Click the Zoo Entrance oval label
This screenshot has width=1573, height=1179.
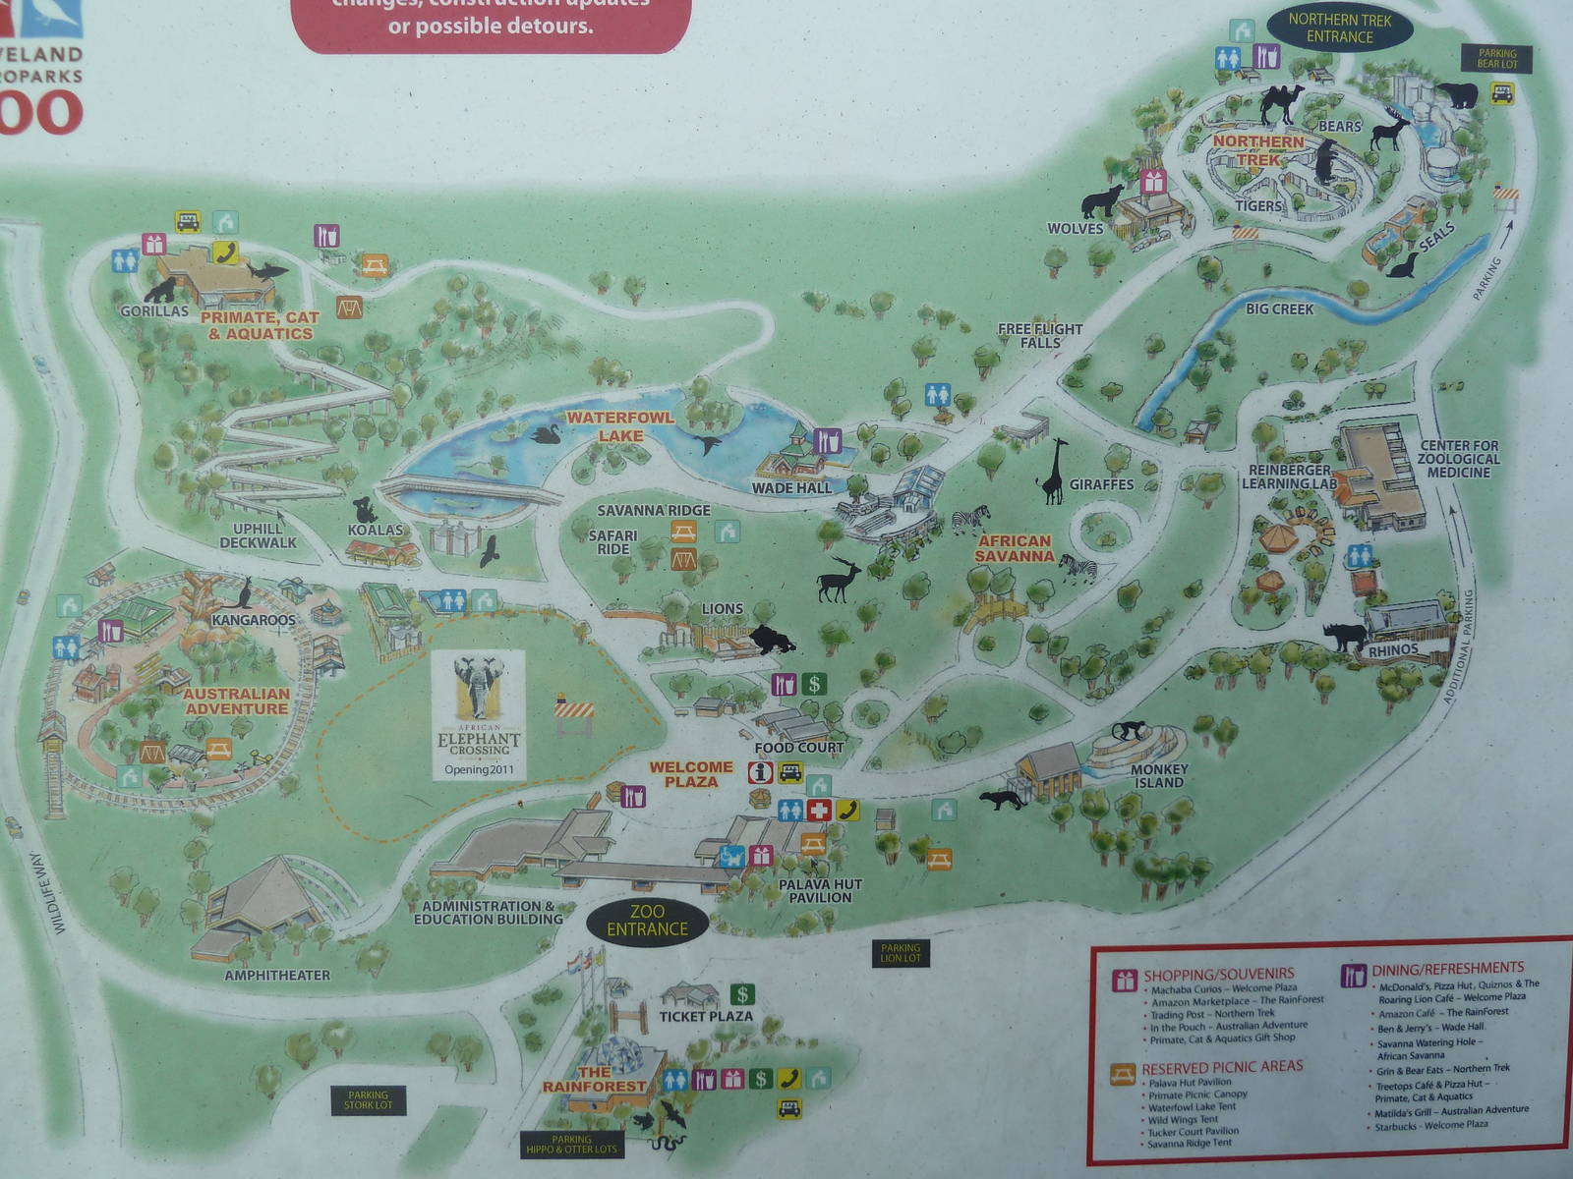pyautogui.click(x=647, y=921)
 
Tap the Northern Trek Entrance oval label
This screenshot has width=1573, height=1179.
pyautogui.click(x=1339, y=28)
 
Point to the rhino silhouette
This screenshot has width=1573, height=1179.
pyautogui.click(x=1344, y=636)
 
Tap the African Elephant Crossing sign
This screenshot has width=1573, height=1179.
pyautogui.click(x=479, y=714)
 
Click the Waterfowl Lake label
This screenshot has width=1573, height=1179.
pyautogui.click(x=619, y=426)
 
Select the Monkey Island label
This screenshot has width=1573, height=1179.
pyautogui.click(x=1159, y=776)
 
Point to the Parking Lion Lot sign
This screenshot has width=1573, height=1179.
pyautogui.click(x=900, y=953)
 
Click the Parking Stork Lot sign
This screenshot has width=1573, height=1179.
pyautogui.click(x=368, y=1099)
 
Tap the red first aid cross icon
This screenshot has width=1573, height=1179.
pyautogui.click(x=818, y=811)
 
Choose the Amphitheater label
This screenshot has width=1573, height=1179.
pyautogui.click(x=277, y=976)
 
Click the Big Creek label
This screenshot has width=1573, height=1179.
pyautogui.click(x=1279, y=309)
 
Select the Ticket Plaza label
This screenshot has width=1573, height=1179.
pyautogui.click(x=706, y=1017)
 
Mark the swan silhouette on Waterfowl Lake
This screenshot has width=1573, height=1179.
pyautogui.click(x=544, y=433)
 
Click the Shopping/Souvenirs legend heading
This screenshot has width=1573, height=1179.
pyautogui.click(x=1218, y=976)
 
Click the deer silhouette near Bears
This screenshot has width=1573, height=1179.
pyautogui.click(x=1390, y=130)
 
